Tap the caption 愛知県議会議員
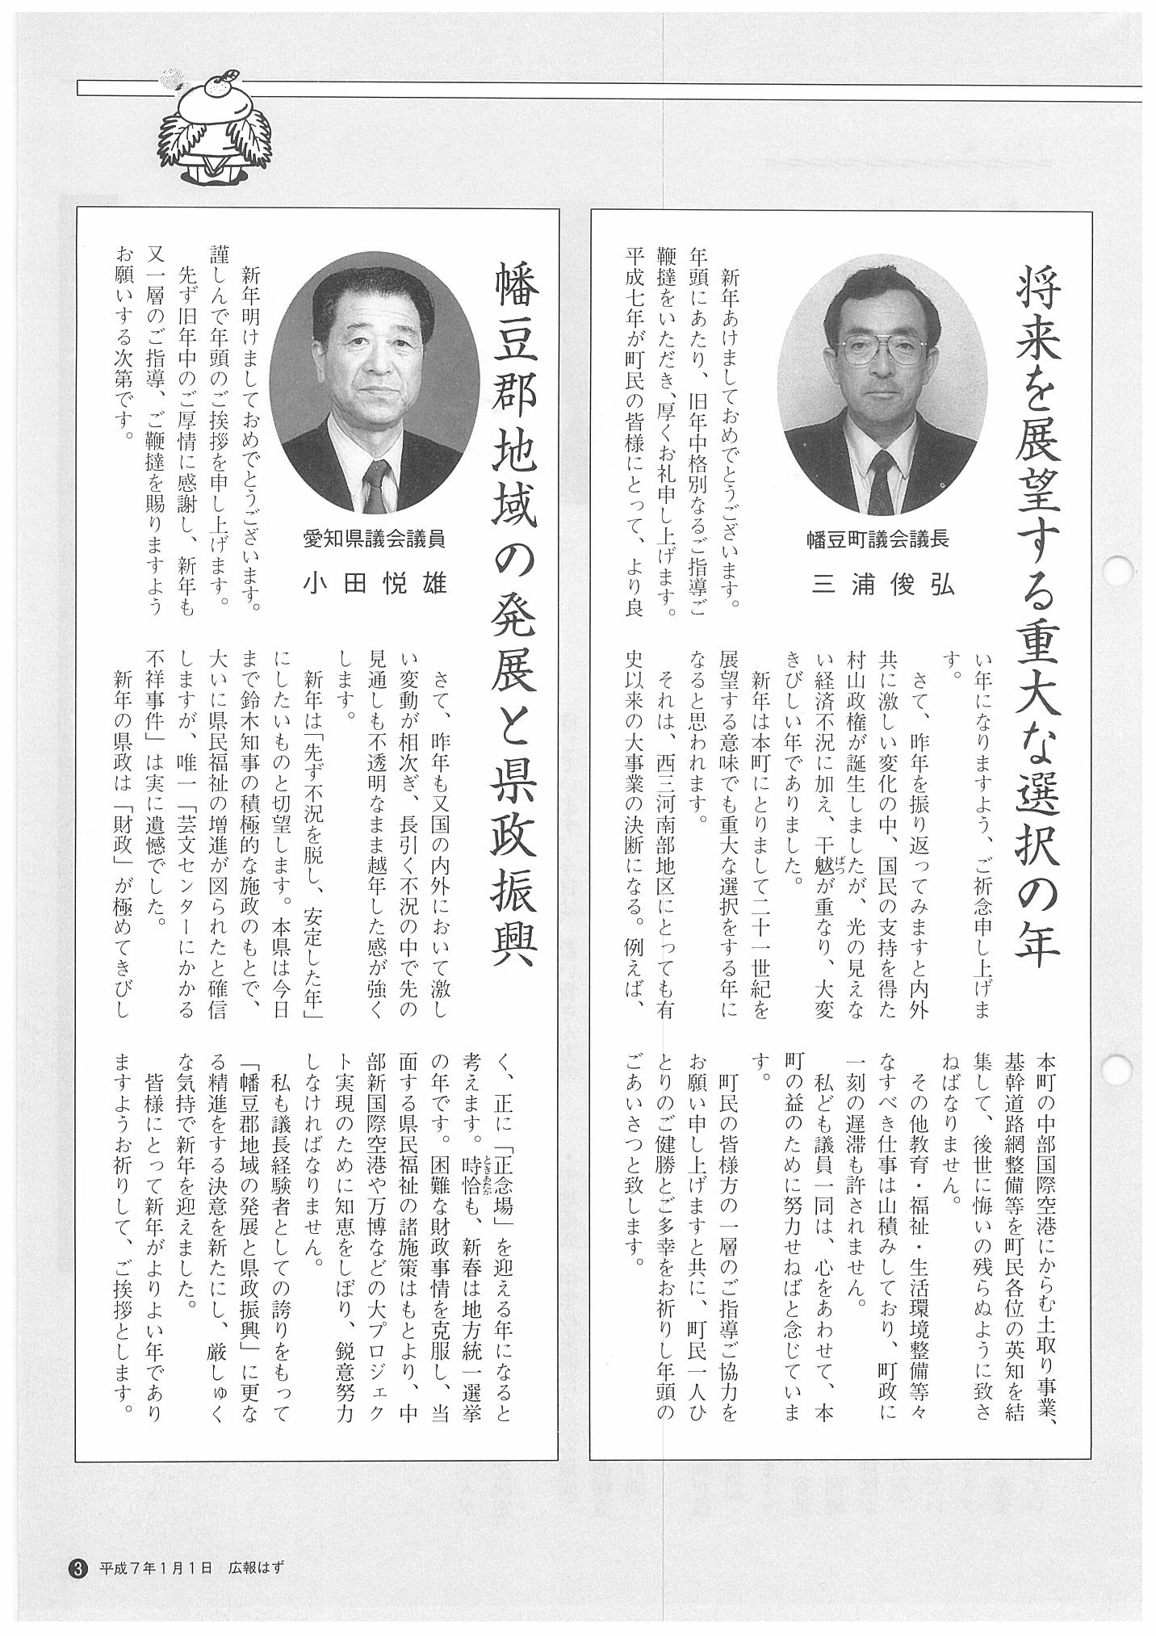tap(375, 537)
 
